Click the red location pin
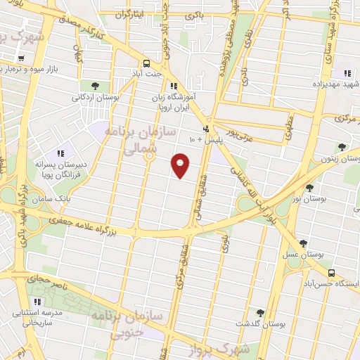click(x=181, y=165)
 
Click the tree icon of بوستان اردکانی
click(x=95, y=86)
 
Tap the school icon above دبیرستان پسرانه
click(x=60, y=153)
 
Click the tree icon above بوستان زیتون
click(x=342, y=147)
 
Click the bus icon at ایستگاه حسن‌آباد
click(x=331, y=274)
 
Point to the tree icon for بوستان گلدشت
click(x=260, y=313)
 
